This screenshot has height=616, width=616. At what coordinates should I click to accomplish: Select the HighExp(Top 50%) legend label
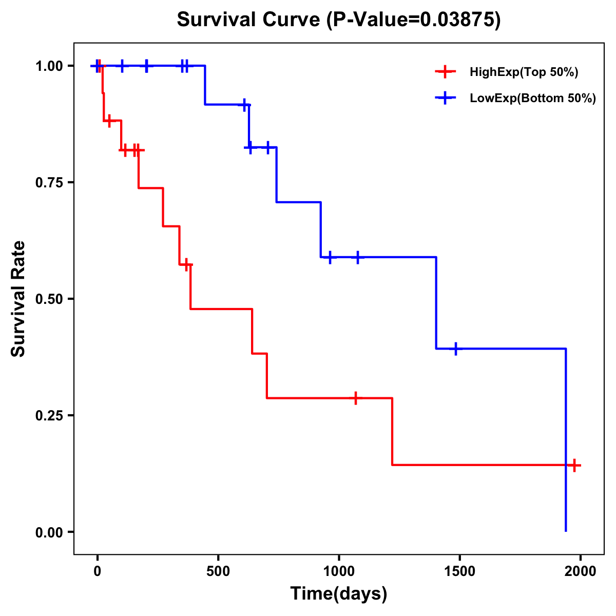[524, 72]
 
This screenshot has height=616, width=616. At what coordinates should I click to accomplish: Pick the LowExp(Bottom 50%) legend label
[533, 99]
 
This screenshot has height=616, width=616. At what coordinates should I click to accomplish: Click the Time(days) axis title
[339, 594]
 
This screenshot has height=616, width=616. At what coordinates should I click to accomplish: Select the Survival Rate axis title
[18, 299]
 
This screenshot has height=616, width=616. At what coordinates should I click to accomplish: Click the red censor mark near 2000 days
[574, 465]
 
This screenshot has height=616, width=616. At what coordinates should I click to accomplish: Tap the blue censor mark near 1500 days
[455, 349]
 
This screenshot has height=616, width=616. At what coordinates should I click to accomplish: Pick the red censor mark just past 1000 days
[355, 398]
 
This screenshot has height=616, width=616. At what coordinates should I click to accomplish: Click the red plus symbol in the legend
[446, 72]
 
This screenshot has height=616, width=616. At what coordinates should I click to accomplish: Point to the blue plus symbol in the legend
[446, 99]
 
